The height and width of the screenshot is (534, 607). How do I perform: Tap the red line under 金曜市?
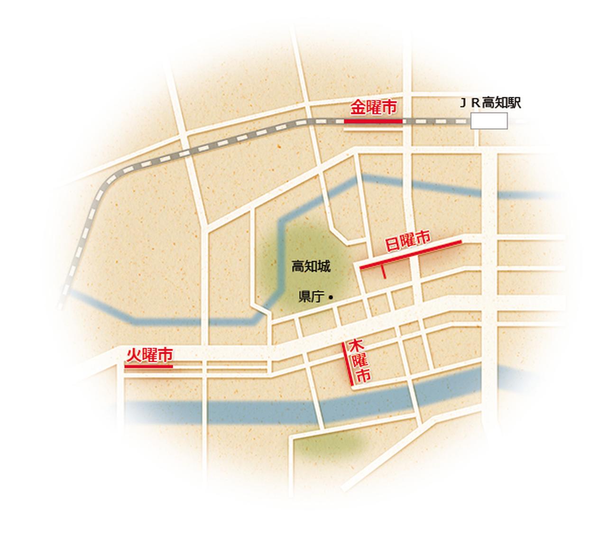tap(373, 121)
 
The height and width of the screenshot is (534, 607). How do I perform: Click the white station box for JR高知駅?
tap(489, 121)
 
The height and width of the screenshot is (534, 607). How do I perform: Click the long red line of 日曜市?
tap(411, 255)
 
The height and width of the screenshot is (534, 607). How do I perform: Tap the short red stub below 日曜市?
tap(383, 272)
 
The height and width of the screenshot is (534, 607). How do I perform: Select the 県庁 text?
tap(311, 297)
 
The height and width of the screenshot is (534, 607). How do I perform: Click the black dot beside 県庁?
tap(331, 297)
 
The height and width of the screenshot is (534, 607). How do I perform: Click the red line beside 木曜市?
tap(348, 363)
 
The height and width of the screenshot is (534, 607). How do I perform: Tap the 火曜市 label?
tap(149, 356)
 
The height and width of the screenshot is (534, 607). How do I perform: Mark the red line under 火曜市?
tap(149, 366)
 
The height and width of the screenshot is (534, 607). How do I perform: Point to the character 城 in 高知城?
tap(324, 267)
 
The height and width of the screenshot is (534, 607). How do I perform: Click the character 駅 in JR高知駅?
tap(514, 103)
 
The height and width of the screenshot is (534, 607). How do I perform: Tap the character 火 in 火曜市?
tap(134, 356)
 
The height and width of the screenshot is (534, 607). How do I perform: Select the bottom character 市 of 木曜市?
tap(363, 376)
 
